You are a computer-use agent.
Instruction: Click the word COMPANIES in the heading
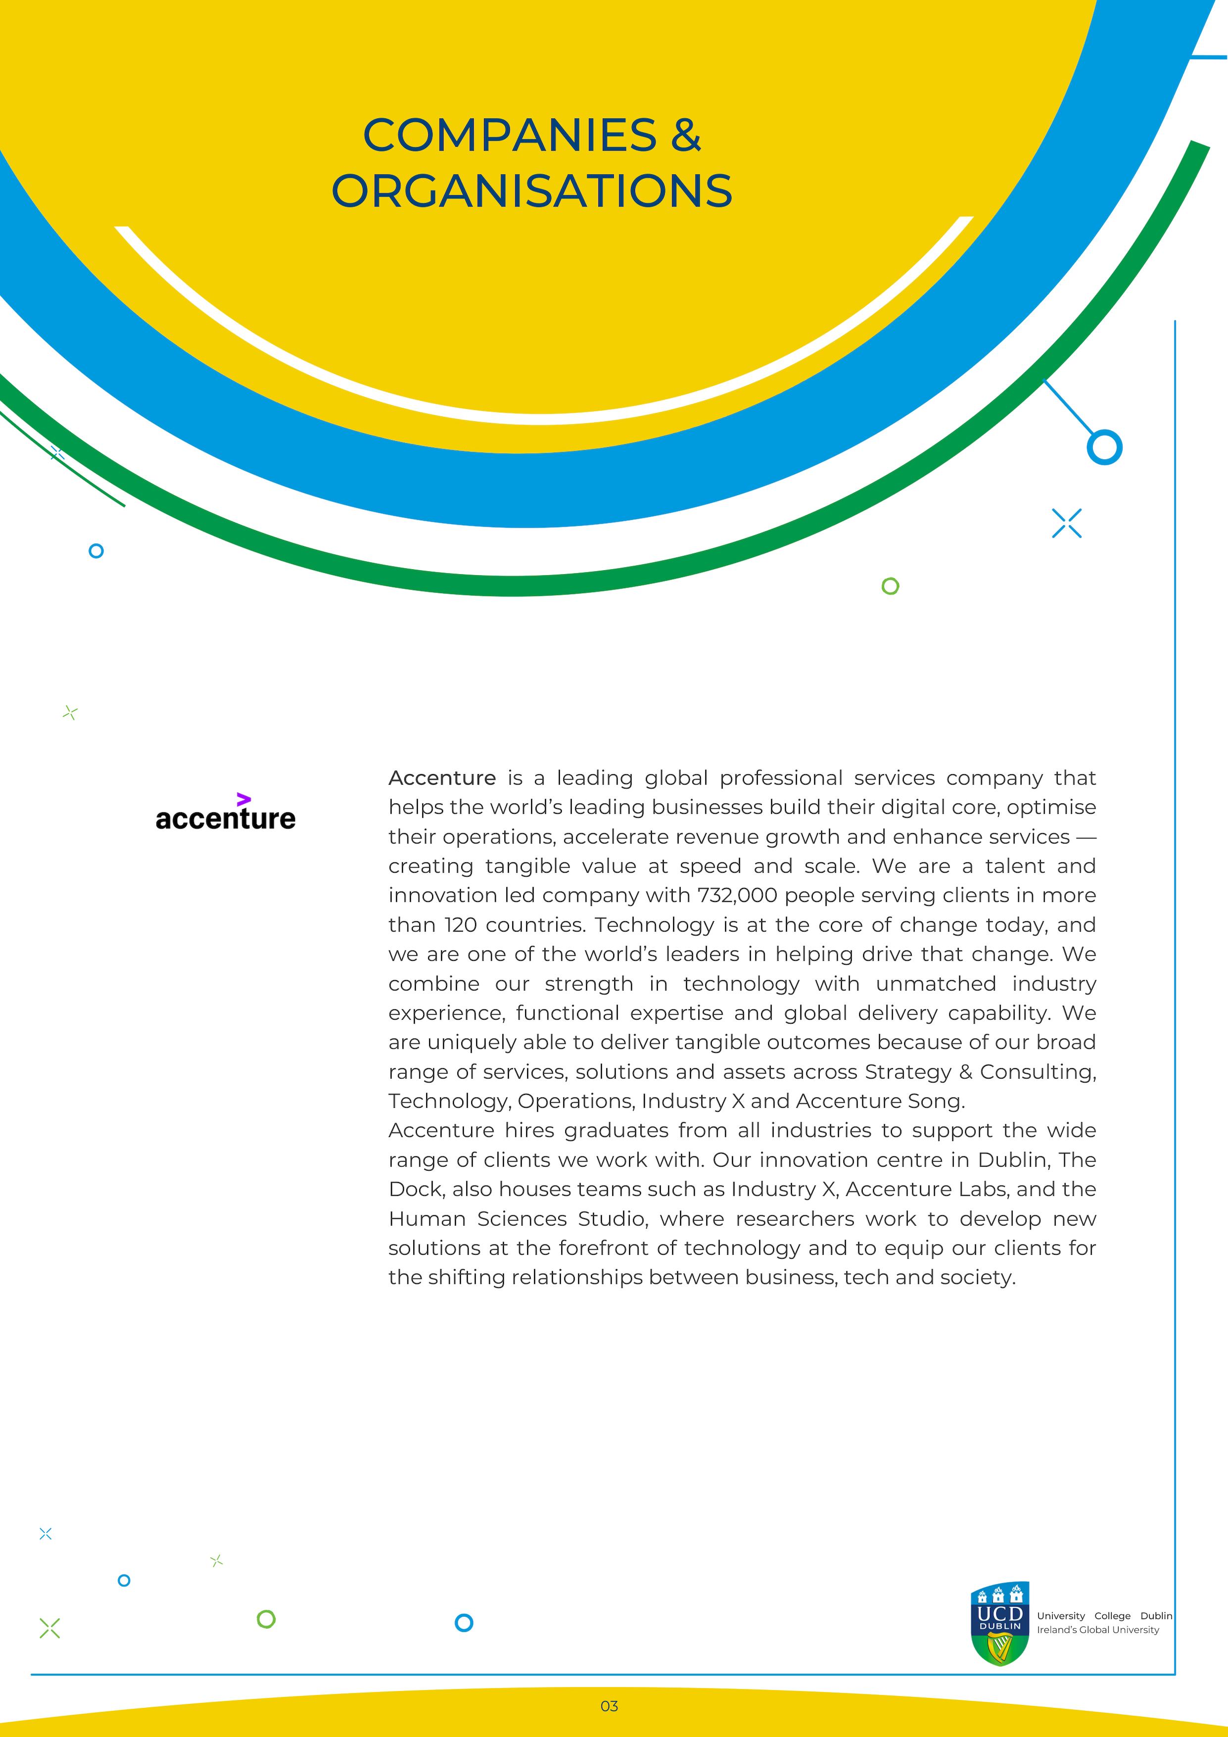509,136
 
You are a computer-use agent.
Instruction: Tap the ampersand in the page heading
686,136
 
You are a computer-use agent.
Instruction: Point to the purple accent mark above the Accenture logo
243,799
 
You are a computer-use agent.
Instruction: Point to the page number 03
609,1706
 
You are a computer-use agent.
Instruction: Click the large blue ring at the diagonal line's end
1104,447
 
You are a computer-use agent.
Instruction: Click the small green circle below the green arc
890,586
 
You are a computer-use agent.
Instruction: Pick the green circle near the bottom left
266,1619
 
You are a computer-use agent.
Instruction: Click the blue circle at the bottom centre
464,1622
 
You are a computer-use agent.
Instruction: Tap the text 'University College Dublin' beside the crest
1104,1616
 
